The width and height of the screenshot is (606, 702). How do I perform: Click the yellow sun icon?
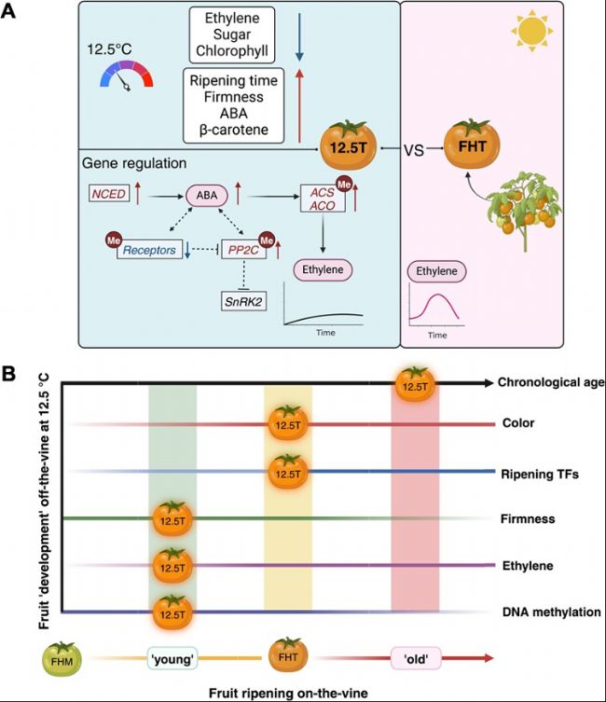(x=532, y=32)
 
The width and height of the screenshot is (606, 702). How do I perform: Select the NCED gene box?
(x=109, y=194)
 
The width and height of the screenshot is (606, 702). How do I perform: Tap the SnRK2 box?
(x=243, y=301)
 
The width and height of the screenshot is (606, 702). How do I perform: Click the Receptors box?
(x=149, y=250)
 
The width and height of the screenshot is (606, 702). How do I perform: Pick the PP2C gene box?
(x=243, y=249)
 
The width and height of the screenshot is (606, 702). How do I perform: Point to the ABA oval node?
(x=207, y=195)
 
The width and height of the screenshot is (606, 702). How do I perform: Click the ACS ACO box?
(x=323, y=199)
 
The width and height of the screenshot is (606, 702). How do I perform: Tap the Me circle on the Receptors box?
(x=114, y=241)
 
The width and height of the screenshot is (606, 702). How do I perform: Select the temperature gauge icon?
(x=127, y=76)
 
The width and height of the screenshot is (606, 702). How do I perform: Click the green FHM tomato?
(x=62, y=658)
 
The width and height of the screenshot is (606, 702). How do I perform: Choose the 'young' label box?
(x=172, y=659)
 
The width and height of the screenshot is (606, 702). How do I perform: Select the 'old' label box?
(x=416, y=658)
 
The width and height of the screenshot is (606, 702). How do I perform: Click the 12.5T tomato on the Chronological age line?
(x=415, y=384)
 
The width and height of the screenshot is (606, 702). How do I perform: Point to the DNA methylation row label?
(x=551, y=612)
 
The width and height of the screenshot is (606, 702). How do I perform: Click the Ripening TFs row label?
(x=540, y=475)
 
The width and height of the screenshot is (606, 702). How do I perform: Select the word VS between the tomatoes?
(x=414, y=150)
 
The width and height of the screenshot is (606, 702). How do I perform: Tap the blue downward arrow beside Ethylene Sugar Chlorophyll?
(x=299, y=37)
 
